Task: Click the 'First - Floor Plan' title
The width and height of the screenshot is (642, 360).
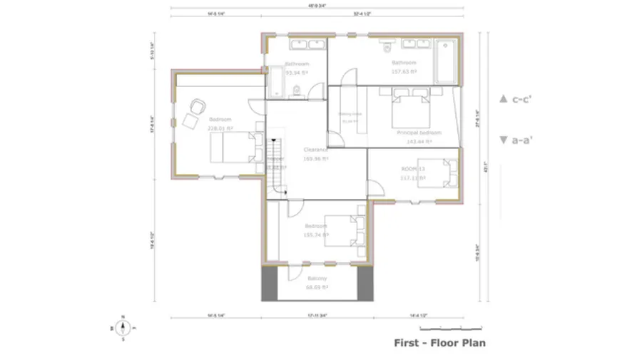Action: coord(440,343)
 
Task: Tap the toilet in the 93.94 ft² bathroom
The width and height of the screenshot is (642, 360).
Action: coord(296,89)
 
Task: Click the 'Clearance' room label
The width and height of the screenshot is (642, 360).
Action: coord(315,150)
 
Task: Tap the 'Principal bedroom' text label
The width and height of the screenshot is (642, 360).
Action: coord(419,133)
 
